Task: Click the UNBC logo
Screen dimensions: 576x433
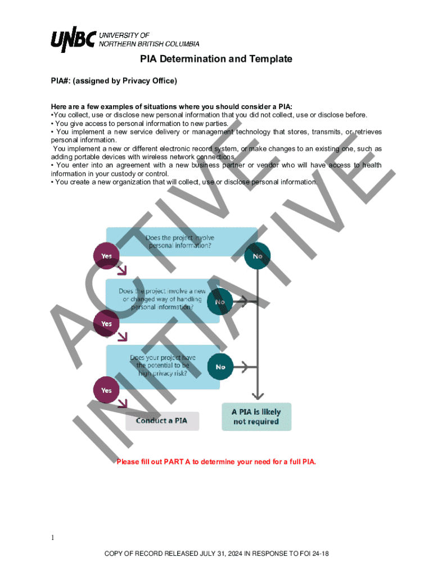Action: click(x=73, y=39)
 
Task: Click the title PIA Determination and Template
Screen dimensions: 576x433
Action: click(x=216, y=59)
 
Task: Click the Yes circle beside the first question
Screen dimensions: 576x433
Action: click(x=106, y=256)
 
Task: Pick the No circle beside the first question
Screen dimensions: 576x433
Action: click(x=258, y=256)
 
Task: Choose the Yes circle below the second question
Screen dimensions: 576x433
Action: click(x=106, y=323)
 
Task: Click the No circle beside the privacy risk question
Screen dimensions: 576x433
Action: click(x=220, y=367)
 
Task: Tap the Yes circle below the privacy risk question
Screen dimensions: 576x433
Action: click(x=106, y=390)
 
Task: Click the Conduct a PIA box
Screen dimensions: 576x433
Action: click(x=162, y=421)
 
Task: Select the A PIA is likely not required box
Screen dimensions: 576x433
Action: click(x=256, y=416)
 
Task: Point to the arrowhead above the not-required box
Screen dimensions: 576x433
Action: click(x=257, y=395)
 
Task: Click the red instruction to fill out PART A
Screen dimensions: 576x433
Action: click(x=216, y=462)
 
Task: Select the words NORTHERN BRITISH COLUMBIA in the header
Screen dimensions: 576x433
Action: click(x=149, y=44)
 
